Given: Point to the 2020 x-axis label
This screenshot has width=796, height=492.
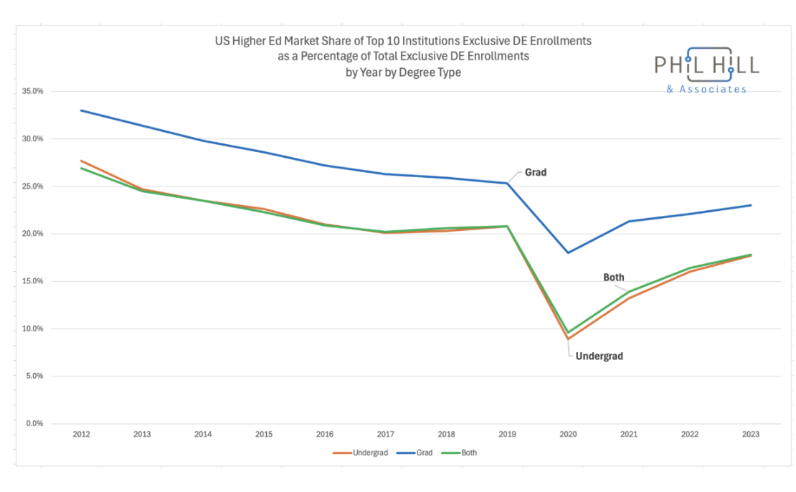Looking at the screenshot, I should click(x=568, y=435).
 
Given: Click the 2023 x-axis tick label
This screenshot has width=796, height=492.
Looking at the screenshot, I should click(x=751, y=435).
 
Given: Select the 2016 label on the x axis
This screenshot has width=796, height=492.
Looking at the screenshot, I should click(x=324, y=435).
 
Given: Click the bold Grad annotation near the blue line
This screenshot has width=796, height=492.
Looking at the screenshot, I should click(x=536, y=172).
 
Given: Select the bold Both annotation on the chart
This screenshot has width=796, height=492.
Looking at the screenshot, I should click(x=613, y=278).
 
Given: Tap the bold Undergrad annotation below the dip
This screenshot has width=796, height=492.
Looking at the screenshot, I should click(x=600, y=356).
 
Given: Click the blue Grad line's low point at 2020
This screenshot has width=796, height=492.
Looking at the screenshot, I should click(x=568, y=252).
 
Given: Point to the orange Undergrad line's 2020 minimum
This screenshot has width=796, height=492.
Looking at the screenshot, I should click(x=568, y=339).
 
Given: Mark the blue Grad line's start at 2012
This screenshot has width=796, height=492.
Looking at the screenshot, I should click(x=80, y=110).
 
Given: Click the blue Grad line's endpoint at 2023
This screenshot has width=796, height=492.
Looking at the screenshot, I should click(x=751, y=205).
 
